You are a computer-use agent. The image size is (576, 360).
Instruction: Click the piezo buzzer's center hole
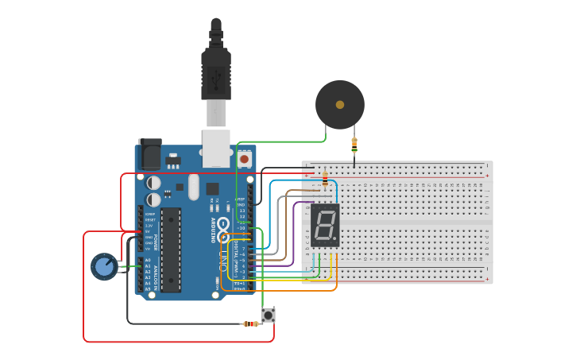[x=340, y=104]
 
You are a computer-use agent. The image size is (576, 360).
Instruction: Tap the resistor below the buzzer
[x=354, y=145]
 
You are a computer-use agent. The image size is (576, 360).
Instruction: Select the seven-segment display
[x=324, y=225]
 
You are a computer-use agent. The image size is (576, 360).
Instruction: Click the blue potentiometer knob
[x=104, y=266]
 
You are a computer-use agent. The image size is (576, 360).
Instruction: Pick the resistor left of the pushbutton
[x=251, y=323]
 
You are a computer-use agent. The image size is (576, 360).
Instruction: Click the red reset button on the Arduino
[x=244, y=159]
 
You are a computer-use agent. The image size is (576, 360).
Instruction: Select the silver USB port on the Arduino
[x=216, y=148]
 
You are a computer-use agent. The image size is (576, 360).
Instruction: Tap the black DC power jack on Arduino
[x=149, y=154]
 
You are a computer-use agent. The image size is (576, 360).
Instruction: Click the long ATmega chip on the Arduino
[x=171, y=250]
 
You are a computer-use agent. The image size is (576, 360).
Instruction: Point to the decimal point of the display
[x=336, y=239]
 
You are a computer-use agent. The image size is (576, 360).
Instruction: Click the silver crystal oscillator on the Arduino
[x=194, y=188]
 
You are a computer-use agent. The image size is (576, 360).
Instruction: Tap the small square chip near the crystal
[x=212, y=188]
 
